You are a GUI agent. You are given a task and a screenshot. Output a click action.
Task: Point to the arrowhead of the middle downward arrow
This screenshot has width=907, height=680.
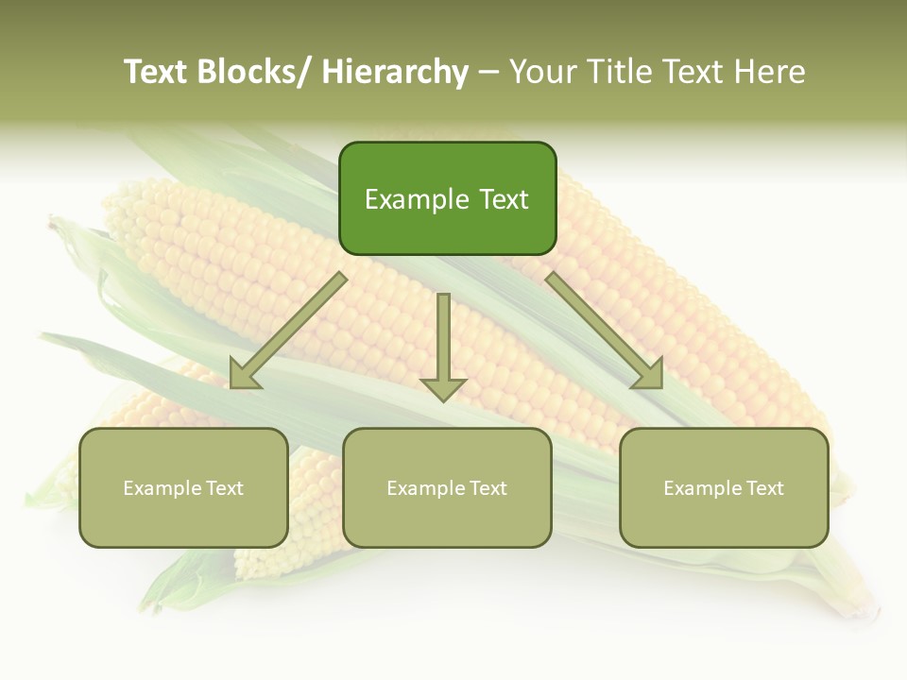[443, 388]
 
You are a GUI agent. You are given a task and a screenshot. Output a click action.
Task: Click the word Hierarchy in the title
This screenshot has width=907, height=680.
[395, 72]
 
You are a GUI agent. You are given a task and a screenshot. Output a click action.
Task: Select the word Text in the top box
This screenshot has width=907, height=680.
[503, 199]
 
